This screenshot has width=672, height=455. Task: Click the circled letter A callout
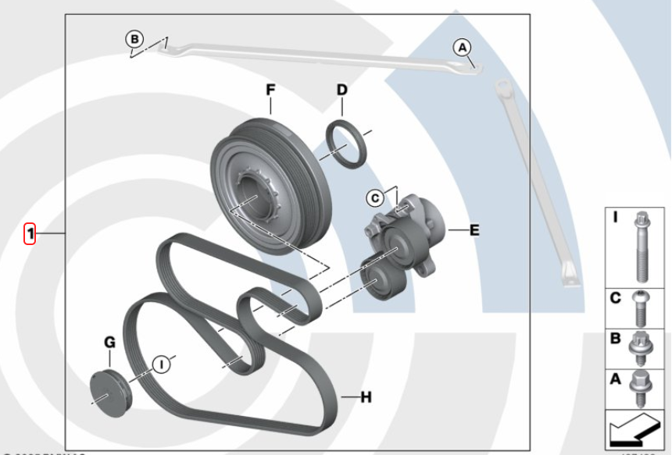click(463, 48)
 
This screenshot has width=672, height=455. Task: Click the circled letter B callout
click(134, 38)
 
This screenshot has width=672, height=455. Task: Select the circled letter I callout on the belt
click(162, 363)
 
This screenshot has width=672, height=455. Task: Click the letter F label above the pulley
click(270, 91)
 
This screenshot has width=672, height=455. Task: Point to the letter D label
click(341, 91)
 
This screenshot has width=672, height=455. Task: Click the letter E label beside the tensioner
click(474, 230)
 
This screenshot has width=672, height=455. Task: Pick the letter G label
click(109, 341)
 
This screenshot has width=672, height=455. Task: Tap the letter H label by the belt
click(366, 397)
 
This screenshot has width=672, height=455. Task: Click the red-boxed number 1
click(30, 233)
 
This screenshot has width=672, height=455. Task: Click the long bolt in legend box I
click(642, 247)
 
